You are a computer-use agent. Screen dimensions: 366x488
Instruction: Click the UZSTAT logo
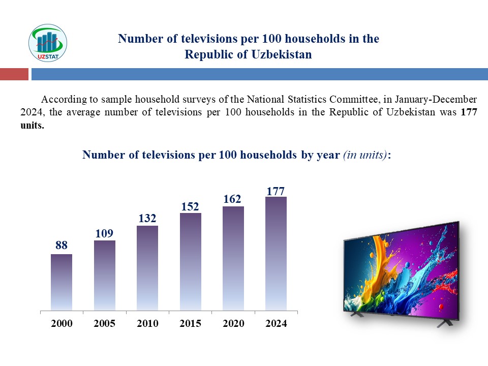(x=48, y=43)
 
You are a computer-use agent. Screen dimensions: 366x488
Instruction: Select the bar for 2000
(x=62, y=282)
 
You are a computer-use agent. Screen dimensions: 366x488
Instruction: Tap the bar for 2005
(x=105, y=275)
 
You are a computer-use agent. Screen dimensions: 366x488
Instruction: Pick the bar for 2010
(x=147, y=268)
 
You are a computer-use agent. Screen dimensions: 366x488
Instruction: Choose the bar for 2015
(x=191, y=261)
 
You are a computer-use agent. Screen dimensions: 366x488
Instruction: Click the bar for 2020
(x=233, y=258)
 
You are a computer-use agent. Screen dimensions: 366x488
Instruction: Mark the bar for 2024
(x=276, y=253)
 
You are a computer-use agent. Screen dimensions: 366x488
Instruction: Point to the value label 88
(x=62, y=246)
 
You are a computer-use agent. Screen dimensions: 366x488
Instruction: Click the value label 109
(x=104, y=233)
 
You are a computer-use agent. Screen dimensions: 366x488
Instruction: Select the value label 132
(x=147, y=218)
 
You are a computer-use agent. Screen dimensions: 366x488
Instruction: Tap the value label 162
(x=232, y=199)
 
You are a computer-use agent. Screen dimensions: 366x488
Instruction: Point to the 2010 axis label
(x=147, y=324)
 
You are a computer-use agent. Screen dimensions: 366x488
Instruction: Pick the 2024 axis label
(x=276, y=324)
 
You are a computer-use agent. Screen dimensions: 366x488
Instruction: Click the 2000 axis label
(x=62, y=324)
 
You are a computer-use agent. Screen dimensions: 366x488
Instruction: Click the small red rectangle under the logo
(x=14, y=74)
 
